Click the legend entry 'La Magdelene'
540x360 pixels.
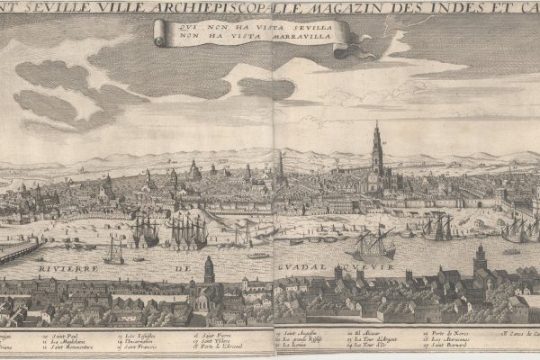pos(68,341)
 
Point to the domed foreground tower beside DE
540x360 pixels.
pos(209,269)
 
